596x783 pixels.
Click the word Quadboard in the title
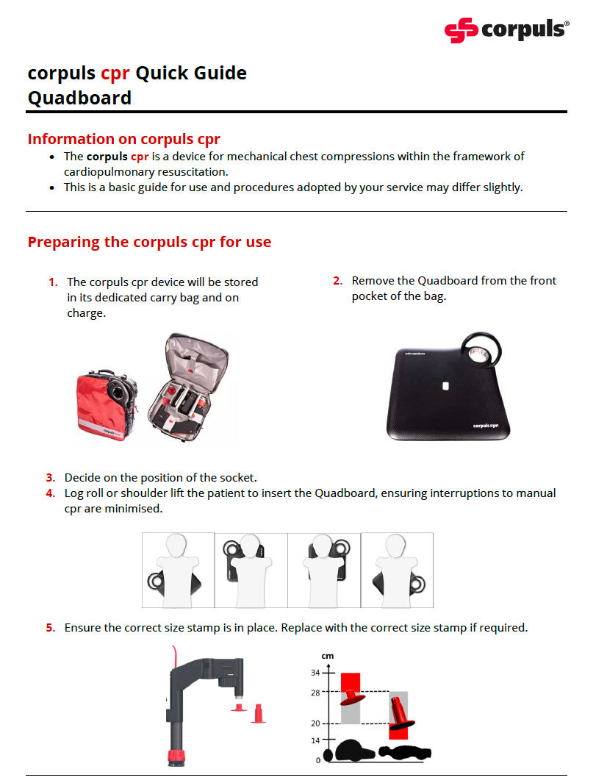pyautogui.click(x=79, y=98)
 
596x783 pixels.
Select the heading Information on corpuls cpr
pyautogui.click(x=123, y=139)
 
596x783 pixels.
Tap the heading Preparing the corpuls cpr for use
pyautogui.click(x=149, y=242)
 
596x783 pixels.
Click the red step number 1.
pyautogui.click(x=53, y=282)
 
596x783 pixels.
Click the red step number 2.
pyautogui.click(x=338, y=281)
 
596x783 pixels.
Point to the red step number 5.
pyautogui.click(x=50, y=628)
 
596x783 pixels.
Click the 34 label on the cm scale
pyautogui.click(x=315, y=673)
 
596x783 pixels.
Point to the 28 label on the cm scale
pyautogui.click(x=315, y=692)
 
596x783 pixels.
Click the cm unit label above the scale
pyautogui.click(x=327, y=654)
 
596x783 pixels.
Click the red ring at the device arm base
pyautogui.click(x=177, y=757)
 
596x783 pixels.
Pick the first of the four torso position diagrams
pyautogui.click(x=177, y=570)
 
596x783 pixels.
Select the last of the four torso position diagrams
pyautogui.click(x=397, y=570)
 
